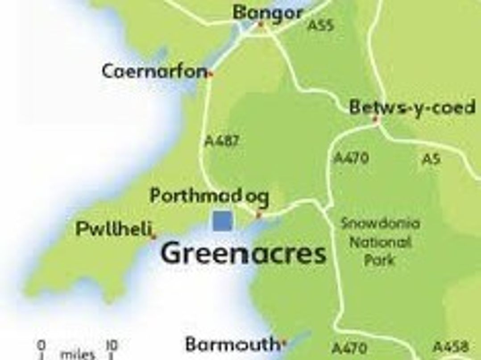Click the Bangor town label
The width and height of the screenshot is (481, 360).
pos(267,13)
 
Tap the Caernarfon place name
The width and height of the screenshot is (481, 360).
pos(154,71)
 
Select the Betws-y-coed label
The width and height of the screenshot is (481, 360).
pos(411,108)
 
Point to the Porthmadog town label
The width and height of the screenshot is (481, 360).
pos(209,196)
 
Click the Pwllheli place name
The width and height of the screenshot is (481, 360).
pos(113,229)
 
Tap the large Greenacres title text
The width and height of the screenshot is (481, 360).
pos(243,253)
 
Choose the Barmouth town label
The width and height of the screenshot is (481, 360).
pos(232,344)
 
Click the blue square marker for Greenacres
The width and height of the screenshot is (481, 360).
pos(222,221)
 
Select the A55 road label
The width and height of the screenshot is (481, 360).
pos(320,25)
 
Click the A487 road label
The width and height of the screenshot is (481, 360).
pos(222,141)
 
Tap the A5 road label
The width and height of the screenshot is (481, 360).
pos(431,159)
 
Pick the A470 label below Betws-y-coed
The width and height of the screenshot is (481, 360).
pos(351,158)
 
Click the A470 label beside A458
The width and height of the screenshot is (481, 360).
pos(350,348)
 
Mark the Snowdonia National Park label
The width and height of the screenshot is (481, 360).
pos(380,241)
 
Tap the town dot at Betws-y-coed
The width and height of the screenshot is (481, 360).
pos(376,119)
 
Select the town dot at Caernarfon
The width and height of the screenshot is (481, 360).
pos(211,74)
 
